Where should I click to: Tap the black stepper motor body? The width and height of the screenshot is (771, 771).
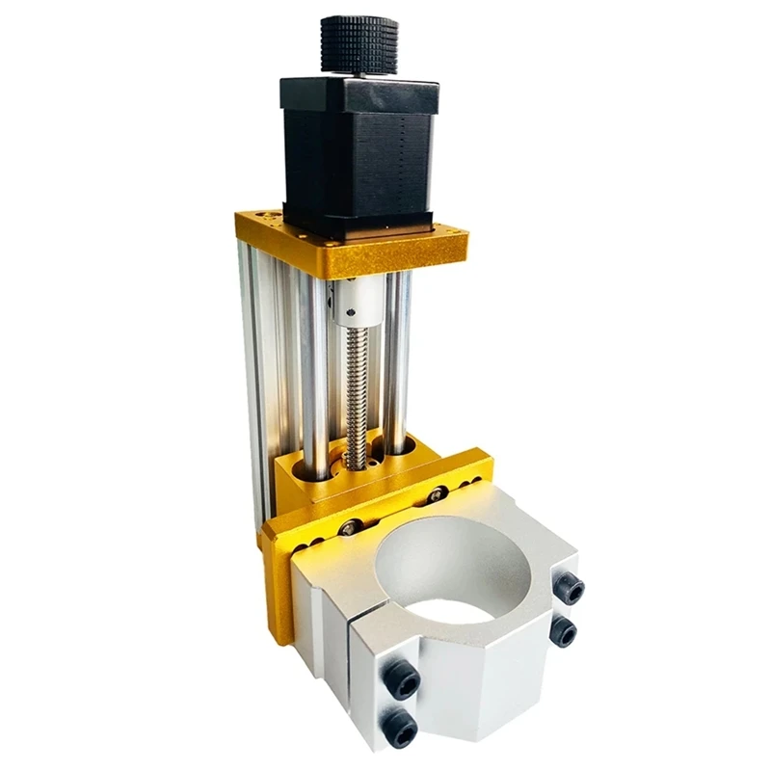357,154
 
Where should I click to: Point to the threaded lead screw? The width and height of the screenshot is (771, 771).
358,385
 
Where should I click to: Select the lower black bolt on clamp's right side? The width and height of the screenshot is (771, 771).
564,631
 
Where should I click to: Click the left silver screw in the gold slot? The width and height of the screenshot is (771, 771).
349,527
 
